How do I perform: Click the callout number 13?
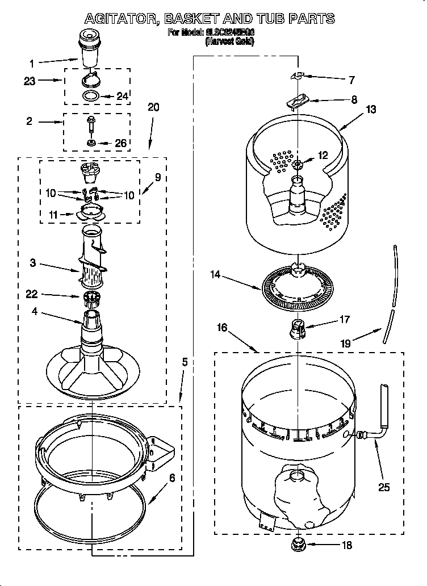(x=371, y=110)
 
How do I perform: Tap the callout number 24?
(x=123, y=96)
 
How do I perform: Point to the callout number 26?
(x=120, y=143)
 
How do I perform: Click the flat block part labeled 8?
(x=297, y=101)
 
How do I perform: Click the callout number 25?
(x=384, y=486)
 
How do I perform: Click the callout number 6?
(x=171, y=478)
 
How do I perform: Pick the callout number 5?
(x=184, y=361)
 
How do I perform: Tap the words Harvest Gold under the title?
(x=229, y=41)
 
